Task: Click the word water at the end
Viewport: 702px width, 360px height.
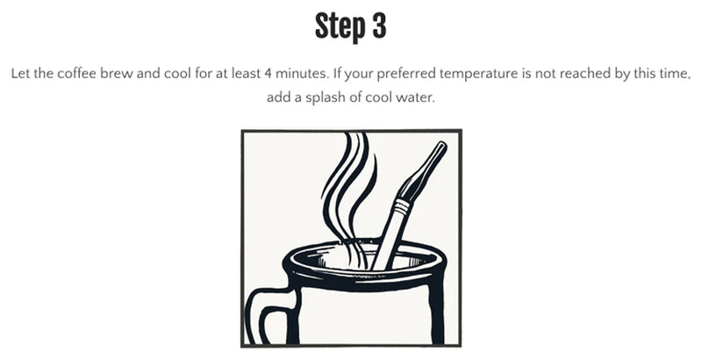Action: pos(416,97)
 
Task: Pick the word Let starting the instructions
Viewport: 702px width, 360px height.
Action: pos(21,76)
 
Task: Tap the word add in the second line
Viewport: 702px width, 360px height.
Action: pos(278,97)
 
